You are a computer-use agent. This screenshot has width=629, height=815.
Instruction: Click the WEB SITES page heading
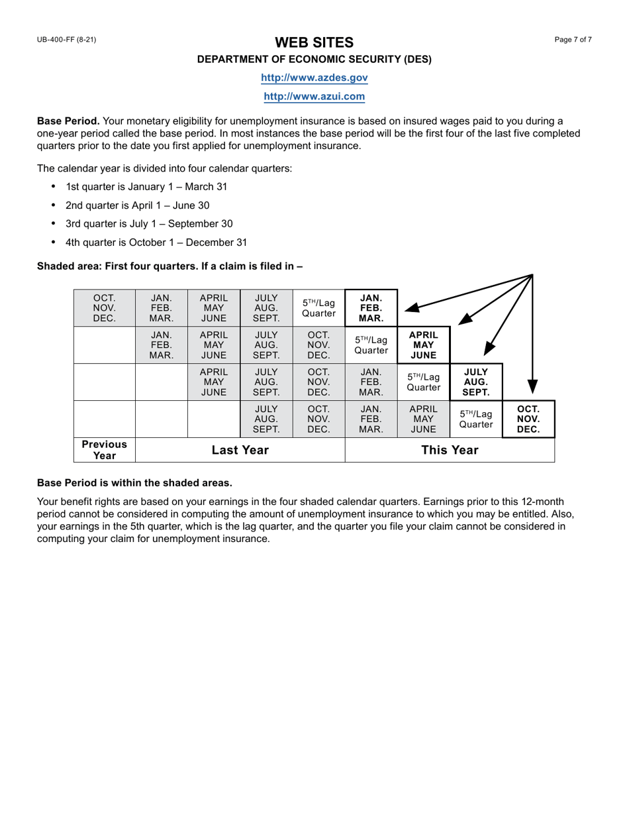[x=314, y=42]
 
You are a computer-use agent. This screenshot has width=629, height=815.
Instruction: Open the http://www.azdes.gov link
[x=314, y=78]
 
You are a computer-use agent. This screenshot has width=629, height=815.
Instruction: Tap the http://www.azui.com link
[x=314, y=96]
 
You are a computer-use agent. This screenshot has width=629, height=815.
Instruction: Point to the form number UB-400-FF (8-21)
[x=66, y=40]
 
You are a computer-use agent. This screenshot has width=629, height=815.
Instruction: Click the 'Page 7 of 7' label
[x=573, y=40]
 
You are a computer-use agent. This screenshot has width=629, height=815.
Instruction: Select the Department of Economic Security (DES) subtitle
[x=314, y=59]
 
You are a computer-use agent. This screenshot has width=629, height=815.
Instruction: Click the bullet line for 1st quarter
[x=146, y=187]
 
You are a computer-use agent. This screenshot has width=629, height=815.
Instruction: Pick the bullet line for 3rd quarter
[x=149, y=224]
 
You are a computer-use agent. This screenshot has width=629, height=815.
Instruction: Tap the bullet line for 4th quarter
[x=156, y=243]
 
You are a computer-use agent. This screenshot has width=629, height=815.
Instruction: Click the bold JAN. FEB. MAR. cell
[x=371, y=308]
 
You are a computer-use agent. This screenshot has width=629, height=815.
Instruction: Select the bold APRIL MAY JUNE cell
[x=423, y=345]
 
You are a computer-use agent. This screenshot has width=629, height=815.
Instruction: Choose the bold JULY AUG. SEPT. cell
[x=476, y=382]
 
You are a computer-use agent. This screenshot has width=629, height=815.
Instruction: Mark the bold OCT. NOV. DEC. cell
[x=528, y=419]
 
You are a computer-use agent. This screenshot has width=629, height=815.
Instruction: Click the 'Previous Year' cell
[x=104, y=450]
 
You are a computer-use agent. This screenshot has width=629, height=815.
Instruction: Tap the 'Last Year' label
[x=240, y=450]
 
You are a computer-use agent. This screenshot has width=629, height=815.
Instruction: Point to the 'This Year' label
[x=450, y=450]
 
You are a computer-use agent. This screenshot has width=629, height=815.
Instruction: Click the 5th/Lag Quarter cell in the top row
[x=318, y=308]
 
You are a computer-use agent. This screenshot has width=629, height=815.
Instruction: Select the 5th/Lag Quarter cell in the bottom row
[x=476, y=419]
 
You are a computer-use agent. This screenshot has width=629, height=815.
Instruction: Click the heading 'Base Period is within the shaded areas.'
[x=134, y=482]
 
